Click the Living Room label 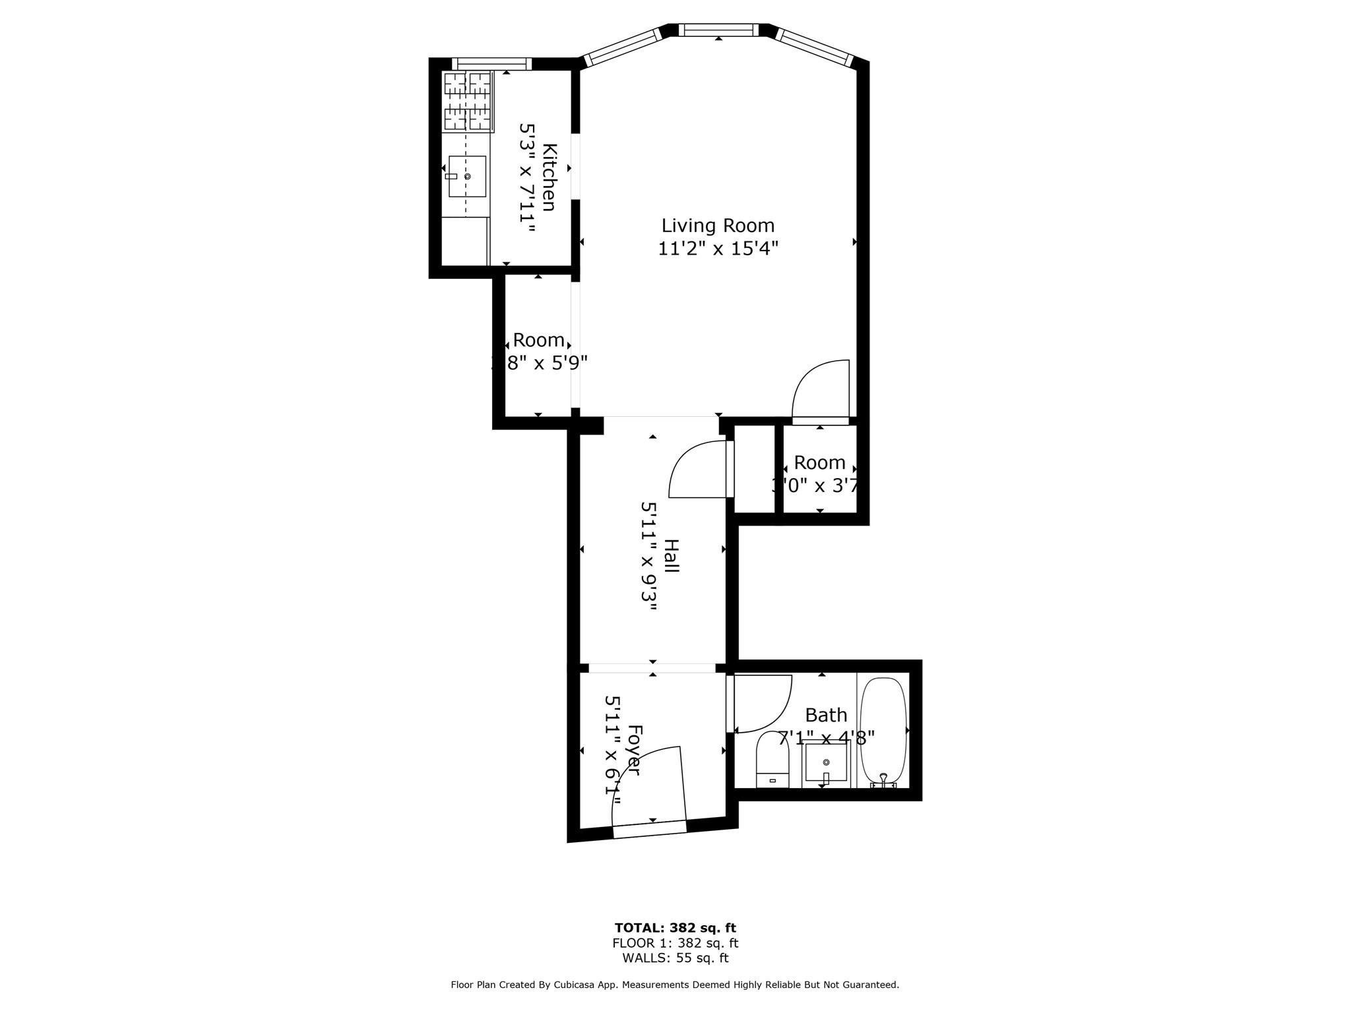718,226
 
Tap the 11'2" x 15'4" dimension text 718,249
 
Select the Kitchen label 550,177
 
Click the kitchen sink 467,176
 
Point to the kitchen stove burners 468,101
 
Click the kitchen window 492,63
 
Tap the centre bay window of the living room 718,30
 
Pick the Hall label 671,555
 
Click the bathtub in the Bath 884,731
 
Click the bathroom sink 826,763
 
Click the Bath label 826,715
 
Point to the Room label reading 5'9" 538,340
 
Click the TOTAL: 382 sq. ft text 675,928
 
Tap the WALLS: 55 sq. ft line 675,958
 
